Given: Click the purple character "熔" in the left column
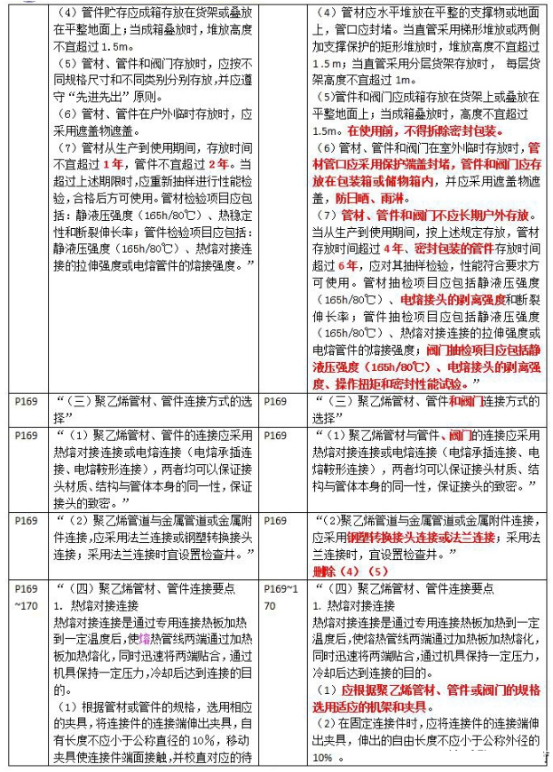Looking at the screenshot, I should [x=144, y=635].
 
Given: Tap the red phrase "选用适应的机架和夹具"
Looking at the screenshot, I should [x=372, y=707].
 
